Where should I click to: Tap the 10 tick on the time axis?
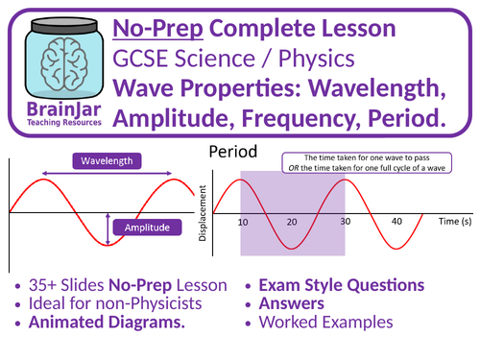pos(243,222)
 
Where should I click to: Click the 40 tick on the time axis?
pos(396,222)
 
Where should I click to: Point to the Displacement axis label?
pos(204,210)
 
